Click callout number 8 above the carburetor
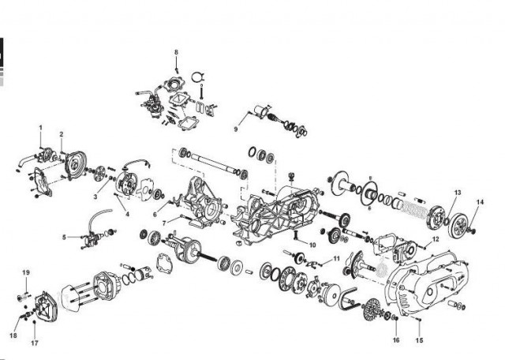click(x=176, y=52)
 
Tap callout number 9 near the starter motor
click(x=236, y=129)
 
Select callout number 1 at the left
click(x=40, y=128)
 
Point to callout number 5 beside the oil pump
click(x=64, y=237)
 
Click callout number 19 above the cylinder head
click(x=26, y=272)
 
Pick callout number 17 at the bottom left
click(x=35, y=343)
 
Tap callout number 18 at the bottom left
click(x=13, y=336)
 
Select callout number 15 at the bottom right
click(x=419, y=340)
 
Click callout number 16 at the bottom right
click(x=396, y=340)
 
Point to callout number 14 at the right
click(x=480, y=202)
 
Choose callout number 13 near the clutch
click(x=458, y=193)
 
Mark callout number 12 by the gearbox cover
click(x=436, y=239)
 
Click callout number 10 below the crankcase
click(x=312, y=245)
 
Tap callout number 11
click(x=337, y=258)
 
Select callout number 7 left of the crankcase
click(x=164, y=223)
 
